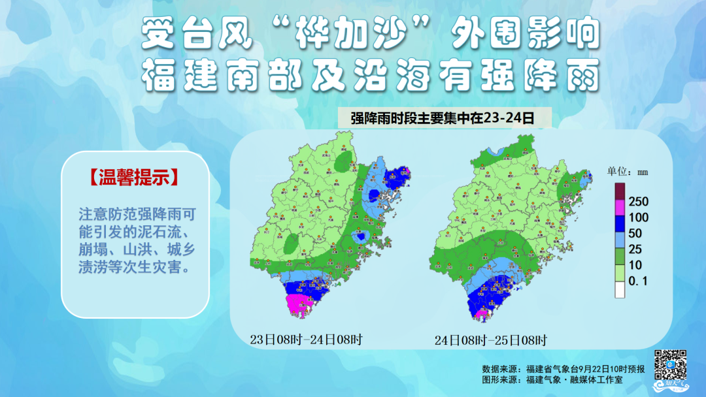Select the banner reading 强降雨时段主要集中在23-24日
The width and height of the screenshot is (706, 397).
point(442,118)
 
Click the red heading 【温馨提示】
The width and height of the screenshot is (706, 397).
point(135,178)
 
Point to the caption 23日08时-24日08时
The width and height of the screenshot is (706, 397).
point(305,340)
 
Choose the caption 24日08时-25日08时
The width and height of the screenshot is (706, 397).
point(491,340)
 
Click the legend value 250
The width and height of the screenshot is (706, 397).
point(638,202)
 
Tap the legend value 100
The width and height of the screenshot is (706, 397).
point(638,217)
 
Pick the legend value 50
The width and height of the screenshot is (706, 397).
point(635,233)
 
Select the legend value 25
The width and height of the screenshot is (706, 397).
point(635,249)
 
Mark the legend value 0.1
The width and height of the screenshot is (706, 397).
point(636,281)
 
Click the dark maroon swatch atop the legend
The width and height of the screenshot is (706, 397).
point(620,193)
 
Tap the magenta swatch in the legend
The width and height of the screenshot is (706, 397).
point(620,210)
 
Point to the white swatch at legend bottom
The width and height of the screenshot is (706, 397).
point(620,290)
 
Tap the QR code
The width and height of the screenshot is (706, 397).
point(670,366)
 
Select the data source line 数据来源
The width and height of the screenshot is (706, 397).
point(563,369)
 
